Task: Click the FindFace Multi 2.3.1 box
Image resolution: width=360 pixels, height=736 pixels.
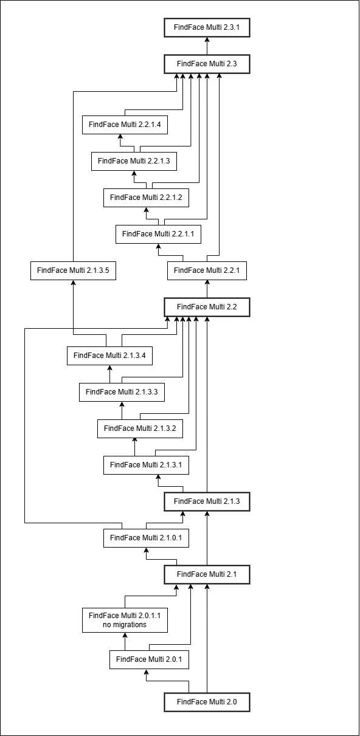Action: pyautogui.click(x=207, y=27)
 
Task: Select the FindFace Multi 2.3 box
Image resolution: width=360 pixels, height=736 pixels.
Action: pyautogui.click(x=207, y=64)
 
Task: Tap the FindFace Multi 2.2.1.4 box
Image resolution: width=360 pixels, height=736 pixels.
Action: pyautogui.click(x=125, y=125)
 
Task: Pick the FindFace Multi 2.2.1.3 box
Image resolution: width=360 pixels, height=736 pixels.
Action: pyautogui.click(x=134, y=161)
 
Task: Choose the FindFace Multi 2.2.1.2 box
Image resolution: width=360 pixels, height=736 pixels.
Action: pyautogui.click(x=146, y=198)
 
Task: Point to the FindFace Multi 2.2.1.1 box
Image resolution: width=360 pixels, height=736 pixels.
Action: pyautogui.click(x=158, y=234)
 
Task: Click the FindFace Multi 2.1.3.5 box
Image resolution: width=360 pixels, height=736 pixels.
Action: pyautogui.click(x=73, y=270)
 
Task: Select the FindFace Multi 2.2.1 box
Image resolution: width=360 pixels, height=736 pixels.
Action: pyautogui.click(x=207, y=270)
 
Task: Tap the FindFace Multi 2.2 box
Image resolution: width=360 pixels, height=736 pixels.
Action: pyautogui.click(x=207, y=307)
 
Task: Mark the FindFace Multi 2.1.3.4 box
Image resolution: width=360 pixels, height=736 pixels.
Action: pyautogui.click(x=109, y=356)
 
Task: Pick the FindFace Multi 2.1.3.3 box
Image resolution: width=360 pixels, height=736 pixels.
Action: pyautogui.click(x=122, y=393)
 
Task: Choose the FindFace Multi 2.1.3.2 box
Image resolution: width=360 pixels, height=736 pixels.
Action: pyautogui.click(x=140, y=429)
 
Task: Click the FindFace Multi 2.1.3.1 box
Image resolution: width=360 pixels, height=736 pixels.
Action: pyautogui.click(x=146, y=466)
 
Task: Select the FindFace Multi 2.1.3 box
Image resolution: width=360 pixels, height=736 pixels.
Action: pyautogui.click(x=207, y=502)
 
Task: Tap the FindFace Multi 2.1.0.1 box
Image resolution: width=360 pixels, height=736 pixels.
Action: pyautogui.click(x=146, y=538)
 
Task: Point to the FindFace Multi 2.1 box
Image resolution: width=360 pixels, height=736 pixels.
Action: pyautogui.click(x=207, y=575)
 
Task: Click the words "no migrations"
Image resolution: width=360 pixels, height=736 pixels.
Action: pyautogui.click(x=125, y=625)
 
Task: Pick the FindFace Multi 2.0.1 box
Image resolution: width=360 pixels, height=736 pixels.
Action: pyautogui.click(x=149, y=660)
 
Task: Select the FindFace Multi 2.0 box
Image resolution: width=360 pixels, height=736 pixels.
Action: pyautogui.click(x=207, y=703)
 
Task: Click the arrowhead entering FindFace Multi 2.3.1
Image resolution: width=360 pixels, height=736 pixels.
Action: pyautogui.click(x=207, y=40)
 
